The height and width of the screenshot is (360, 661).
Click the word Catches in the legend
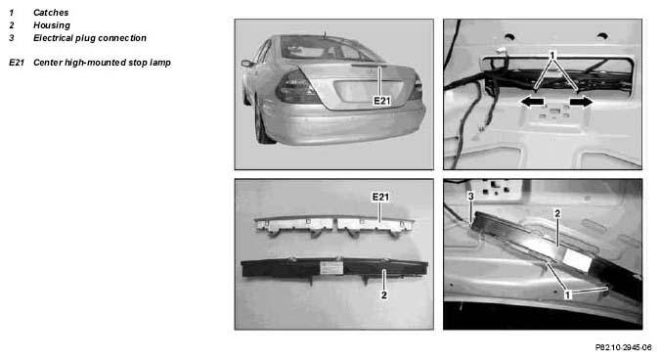(51, 13)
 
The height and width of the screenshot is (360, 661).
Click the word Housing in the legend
(52, 25)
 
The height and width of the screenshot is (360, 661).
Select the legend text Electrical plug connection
(90, 38)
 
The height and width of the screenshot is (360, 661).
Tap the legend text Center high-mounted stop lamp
(102, 63)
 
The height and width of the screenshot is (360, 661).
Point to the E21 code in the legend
(17, 63)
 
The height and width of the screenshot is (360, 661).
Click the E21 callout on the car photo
(382, 101)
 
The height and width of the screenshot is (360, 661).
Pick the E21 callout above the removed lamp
(379, 197)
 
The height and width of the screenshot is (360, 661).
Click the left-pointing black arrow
(532, 102)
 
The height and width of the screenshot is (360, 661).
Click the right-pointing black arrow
(582, 102)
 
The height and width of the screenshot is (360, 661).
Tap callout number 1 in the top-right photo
(552, 55)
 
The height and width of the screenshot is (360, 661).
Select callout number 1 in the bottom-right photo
(567, 295)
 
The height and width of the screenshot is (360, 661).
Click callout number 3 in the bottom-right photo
(471, 196)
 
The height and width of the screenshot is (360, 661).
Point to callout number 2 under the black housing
(383, 295)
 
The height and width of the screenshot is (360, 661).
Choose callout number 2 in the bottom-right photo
(557, 213)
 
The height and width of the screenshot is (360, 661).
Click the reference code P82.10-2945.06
(623, 347)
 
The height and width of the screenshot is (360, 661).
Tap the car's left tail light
(297, 88)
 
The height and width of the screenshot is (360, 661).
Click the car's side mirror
(247, 64)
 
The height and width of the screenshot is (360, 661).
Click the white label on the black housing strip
(330, 268)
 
